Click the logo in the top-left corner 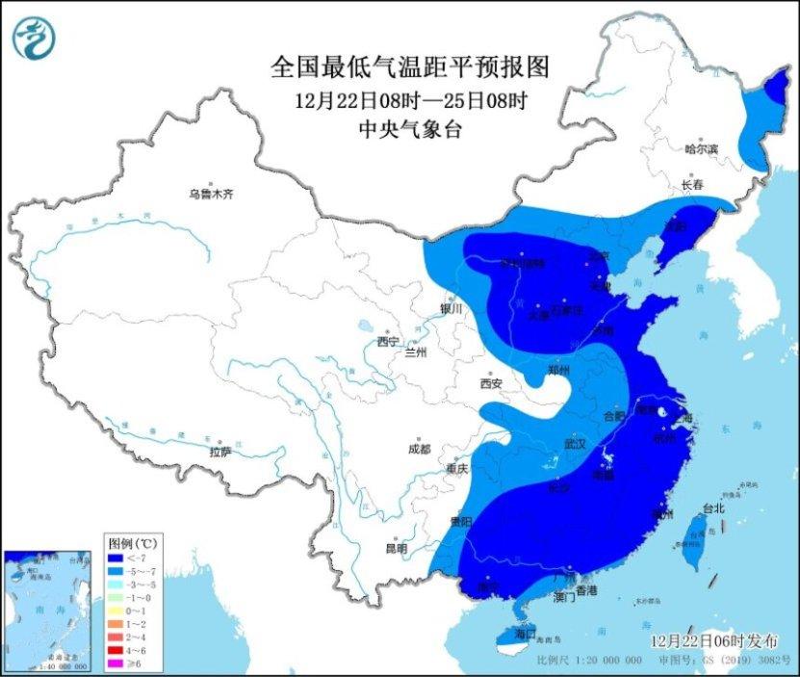(x=34, y=36)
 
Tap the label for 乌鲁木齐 (x=211, y=195)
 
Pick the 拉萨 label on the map (x=219, y=452)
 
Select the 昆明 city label (x=397, y=548)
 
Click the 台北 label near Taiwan (x=711, y=508)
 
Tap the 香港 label (x=587, y=588)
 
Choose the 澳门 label (x=565, y=598)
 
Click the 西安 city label (x=491, y=383)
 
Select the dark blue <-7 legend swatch (x=115, y=556)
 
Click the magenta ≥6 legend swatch (x=115, y=663)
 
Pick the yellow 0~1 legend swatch (x=115, y=609)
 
